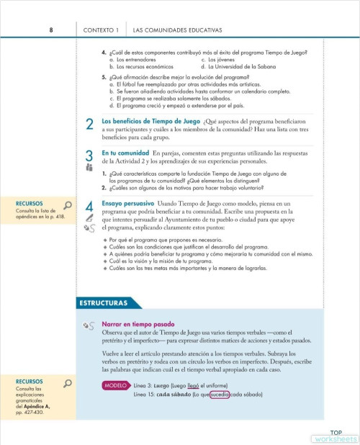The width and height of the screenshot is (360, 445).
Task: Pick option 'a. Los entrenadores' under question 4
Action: pos(140,59)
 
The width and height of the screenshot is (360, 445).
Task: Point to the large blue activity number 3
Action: pos(89,156)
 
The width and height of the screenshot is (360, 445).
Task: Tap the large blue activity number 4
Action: pos(89,207)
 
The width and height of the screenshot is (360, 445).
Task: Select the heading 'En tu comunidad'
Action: pos(126,153)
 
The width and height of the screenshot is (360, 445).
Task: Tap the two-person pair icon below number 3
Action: pos(89,168)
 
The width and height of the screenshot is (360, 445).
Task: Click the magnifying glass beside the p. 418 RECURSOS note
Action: pos(68,205)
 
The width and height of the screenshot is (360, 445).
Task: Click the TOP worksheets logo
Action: pos(334,435)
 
